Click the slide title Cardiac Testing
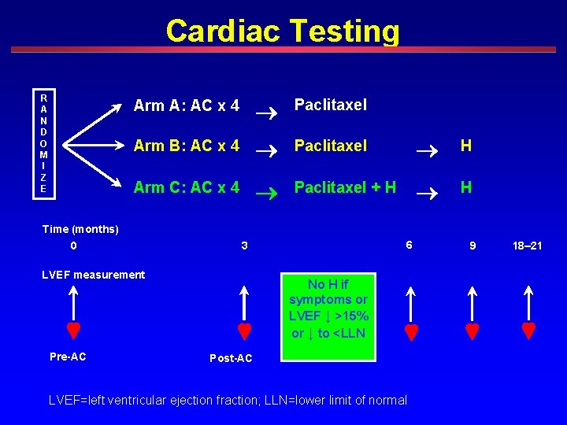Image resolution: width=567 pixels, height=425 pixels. click(x=283, y=31)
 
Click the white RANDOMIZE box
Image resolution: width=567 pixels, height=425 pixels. click(x=43, y=143)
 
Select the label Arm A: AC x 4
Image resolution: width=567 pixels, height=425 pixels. click(x=187, y=105)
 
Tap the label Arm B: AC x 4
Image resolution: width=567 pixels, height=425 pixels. click(x=187, y=146)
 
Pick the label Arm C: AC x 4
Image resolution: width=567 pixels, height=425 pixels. click(x=187, y=187)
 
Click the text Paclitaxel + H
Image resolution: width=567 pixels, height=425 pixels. click(x=345, y=187)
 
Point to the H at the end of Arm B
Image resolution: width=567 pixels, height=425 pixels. click(x=466, y=146)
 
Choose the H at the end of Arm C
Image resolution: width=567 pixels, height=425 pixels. click(x=466, y=187)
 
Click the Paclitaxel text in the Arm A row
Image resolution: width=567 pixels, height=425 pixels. click(x=331, y=105)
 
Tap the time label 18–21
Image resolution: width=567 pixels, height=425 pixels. click(x=526, y=246)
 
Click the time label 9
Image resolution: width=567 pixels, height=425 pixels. click(x=472, y=246)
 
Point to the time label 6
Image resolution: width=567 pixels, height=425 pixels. click(x=409, y=245)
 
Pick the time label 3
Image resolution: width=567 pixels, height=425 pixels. click(x=244, y=246)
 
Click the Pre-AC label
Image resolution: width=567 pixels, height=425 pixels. click(x=69, y=357)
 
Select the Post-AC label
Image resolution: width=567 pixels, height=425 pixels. click(x=231, y=359)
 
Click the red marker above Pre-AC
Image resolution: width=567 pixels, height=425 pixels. click(x=73, y=331)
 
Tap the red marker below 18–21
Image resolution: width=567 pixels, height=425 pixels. click(x=528, y=331)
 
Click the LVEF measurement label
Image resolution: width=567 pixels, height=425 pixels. click(x=93, y=275)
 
